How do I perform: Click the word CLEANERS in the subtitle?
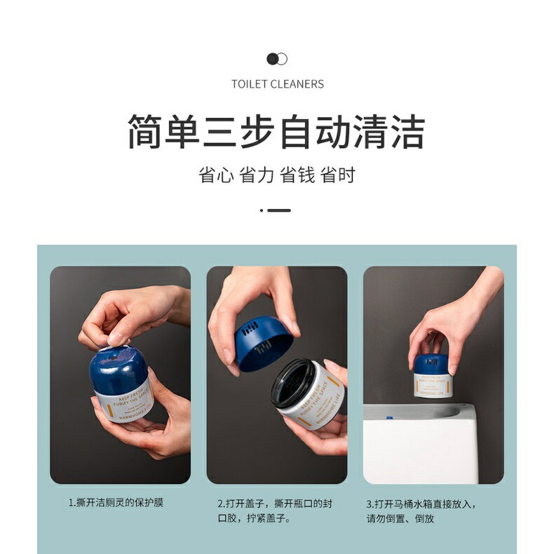297,84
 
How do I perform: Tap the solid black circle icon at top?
273,59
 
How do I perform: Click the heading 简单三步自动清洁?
277,131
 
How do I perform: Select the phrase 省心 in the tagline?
216,175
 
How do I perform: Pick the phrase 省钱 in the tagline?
297,175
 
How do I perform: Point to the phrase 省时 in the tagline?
338,175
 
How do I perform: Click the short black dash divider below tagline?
279,210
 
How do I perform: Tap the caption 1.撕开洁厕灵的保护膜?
116,503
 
